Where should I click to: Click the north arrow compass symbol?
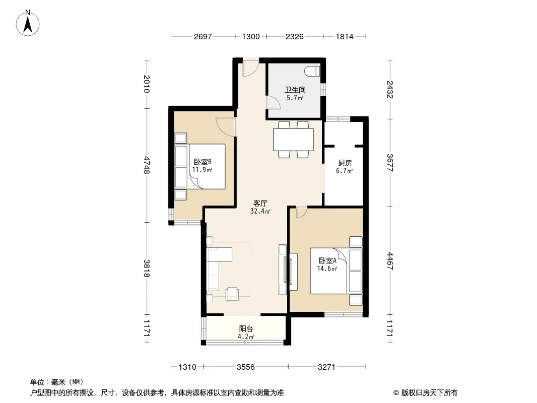[28, 23]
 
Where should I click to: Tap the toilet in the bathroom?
[312, 71]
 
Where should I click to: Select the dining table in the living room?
[294, 140]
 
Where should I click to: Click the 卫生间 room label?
[295, 90]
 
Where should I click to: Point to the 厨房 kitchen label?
[345, 163]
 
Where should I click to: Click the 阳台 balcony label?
[246, 329]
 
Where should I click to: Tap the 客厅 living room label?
[260, 204]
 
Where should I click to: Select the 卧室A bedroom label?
[327, 260]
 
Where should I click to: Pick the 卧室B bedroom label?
[203, 162]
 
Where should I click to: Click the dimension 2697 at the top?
[203, 36]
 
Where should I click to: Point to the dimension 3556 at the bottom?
[245, 367]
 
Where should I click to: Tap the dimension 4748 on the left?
[147, 165]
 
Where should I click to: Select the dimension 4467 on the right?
[390, 261]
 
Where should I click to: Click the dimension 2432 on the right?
[390, 89]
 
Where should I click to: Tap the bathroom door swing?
[274, 102]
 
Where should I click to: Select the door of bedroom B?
[226, 127]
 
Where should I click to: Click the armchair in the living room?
[232, 294]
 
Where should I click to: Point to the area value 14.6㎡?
[327, 269]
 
